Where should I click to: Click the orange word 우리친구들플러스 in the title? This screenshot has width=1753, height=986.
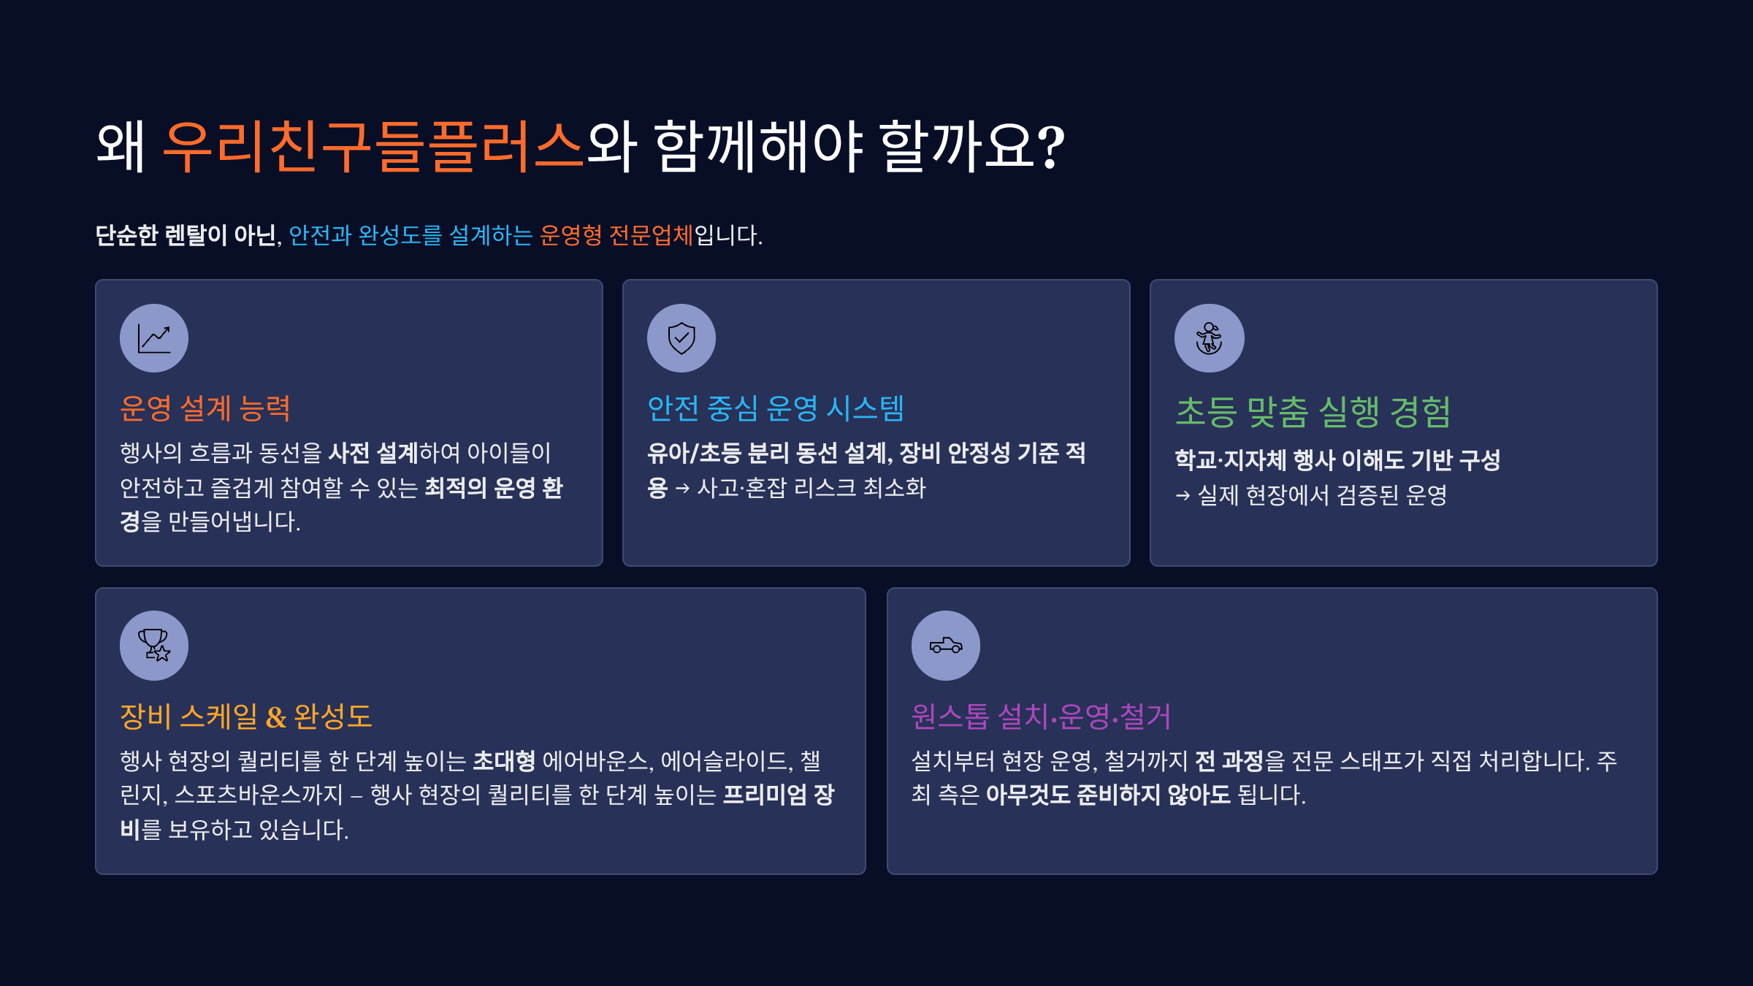373,146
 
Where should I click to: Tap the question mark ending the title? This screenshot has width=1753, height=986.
1051,146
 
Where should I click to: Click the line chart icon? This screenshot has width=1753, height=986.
154,338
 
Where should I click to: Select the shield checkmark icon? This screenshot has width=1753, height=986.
681,338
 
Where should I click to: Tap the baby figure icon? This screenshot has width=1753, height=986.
1209,338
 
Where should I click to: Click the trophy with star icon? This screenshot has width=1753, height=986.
154,646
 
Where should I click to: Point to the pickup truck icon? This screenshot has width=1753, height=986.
946,646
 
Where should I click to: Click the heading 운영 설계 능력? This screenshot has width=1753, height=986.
205,408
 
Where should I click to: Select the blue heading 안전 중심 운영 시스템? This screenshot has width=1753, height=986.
776,408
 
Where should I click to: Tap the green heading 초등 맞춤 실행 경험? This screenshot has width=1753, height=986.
1313,412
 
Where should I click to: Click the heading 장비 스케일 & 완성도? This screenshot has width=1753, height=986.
246,716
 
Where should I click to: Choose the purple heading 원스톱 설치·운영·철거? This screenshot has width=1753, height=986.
1041,716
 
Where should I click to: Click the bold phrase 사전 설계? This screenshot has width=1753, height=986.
373,453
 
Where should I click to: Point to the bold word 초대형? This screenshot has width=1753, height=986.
504,761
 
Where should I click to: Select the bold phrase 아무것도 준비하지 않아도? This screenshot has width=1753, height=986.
1108,795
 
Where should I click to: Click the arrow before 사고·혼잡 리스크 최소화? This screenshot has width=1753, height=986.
682,489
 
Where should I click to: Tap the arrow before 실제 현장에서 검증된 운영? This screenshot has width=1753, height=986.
1183,496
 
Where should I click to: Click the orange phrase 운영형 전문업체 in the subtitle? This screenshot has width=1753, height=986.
616,235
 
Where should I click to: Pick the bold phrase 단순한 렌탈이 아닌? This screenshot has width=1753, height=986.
186,235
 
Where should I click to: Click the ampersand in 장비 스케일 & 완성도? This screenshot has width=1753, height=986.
276,717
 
